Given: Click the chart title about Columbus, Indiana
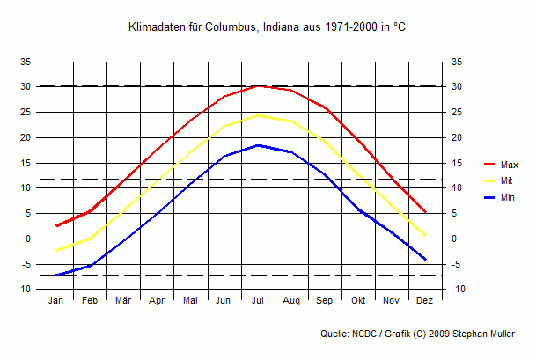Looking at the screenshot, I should point(267,28).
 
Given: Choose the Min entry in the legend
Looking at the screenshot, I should point(507,197).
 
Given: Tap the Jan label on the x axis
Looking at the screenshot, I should point(56,301).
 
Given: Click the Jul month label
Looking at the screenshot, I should point(258,301).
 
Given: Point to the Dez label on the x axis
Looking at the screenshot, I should point(425,301).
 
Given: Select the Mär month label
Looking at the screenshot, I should point(123,301).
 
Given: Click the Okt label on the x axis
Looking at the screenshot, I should point(358,301).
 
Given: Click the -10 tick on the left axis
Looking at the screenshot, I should point(25,290).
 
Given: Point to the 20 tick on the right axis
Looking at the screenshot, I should point(456,137).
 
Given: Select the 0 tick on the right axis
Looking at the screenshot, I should point(454,239).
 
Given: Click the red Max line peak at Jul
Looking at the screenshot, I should point(258,85).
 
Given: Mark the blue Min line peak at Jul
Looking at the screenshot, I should point(258,145).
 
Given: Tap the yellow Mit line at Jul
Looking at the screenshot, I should point(258,115).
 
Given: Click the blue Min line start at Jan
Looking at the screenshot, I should point(56,275).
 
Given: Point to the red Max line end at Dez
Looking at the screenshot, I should point(426,212).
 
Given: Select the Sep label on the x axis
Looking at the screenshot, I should point(325,301).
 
